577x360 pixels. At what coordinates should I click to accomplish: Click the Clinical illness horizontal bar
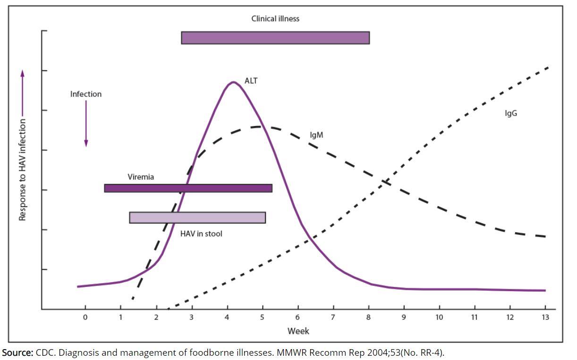[275, 38]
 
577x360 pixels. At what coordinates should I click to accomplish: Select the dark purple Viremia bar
[188, 188]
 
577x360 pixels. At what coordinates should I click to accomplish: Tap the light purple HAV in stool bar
[197, 218]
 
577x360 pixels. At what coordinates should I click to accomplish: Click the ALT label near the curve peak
[251, 81]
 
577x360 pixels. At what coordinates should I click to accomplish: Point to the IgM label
[316, 135]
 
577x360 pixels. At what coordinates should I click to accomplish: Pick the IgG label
[511, 113]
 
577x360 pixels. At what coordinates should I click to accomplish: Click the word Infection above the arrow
[86, 94]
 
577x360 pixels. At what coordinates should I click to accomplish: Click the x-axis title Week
[298, 331]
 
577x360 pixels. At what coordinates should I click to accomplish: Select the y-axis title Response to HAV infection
[22, 169]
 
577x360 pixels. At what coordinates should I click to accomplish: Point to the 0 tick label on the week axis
[85, 317]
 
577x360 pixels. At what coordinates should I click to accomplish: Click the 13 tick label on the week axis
[545, 317]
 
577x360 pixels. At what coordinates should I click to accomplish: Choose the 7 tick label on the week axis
[333, 317]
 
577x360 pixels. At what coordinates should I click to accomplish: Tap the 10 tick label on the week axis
[439, 317]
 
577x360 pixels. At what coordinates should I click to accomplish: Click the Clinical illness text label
[275, 19]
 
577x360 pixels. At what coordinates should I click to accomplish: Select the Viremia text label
[141, 177]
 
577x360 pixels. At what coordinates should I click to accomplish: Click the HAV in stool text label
[201, 234]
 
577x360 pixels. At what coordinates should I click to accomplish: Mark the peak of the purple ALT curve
[233, 82]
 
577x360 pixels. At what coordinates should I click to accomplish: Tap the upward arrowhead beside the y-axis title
[22, 73]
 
